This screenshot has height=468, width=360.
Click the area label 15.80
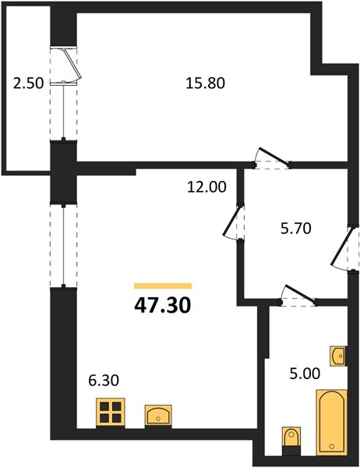pos(205,83)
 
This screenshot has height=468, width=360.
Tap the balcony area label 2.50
pos(29,83)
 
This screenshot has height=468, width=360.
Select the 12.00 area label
pos(206,187)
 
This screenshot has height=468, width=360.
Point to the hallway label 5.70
pos(296,229)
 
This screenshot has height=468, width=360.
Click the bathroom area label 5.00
pos(305,374)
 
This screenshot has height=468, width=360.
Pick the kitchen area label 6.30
pos(104,381)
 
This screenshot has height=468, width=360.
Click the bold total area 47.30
pos(163,306)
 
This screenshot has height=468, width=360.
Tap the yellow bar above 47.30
pos(163,286)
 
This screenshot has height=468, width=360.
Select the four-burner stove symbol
pos(110,413)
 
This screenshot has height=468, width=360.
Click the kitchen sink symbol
pos(158,415)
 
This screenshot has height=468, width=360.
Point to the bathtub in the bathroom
pos(332,422)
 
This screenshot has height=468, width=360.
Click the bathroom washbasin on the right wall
pos(338,356)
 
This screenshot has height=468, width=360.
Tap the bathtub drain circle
pos(332,446)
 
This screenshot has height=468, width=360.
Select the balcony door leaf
pos(72,65)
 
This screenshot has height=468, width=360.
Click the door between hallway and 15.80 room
pos(274,156)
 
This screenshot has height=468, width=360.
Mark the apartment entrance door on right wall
pos(341,246)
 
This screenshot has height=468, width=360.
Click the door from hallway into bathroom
pos(300,294)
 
